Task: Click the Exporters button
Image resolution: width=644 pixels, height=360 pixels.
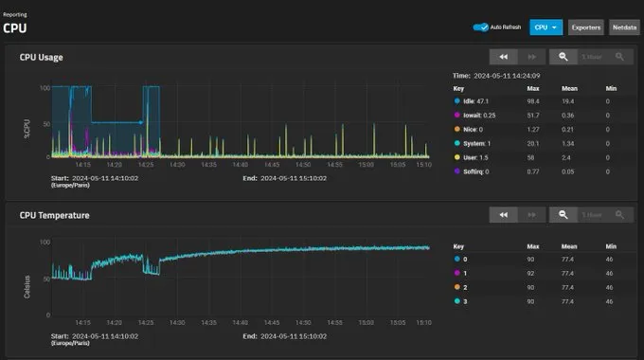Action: (586, 27)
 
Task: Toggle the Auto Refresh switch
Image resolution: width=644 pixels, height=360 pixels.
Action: (480, 27)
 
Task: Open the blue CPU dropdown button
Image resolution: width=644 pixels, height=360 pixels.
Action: (546, 27)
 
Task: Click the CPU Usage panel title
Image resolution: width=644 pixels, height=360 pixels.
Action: (42, 57)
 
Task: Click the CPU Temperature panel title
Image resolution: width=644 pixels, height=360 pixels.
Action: (54, 214)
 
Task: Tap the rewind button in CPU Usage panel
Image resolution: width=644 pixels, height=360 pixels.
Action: (504, 57)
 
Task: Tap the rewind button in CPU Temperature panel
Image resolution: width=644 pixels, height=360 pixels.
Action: (504, 215)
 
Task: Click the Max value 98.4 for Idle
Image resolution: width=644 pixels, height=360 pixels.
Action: (533, 99)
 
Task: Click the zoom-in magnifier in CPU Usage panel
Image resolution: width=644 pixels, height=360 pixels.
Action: (563, 57)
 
